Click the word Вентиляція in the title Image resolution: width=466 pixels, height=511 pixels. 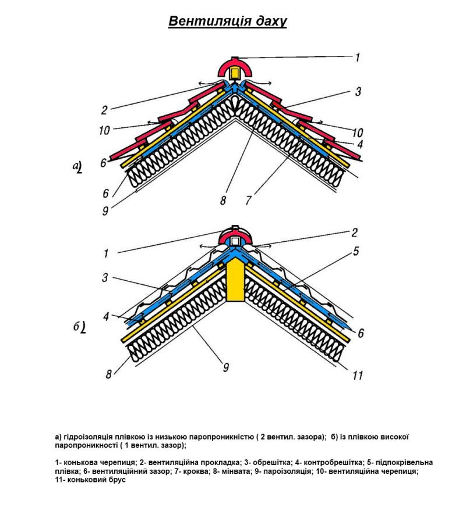point(207,22)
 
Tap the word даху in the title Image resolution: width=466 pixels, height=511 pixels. point(270,22)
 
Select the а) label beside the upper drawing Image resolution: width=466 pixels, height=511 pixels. point(77,167)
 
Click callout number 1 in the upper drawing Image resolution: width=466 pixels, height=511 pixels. point(357,57)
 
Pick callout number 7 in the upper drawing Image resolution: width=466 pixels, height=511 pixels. point(248,201)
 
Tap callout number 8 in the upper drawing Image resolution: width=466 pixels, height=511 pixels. point(223,201)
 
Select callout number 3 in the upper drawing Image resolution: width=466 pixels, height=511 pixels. point(358,92)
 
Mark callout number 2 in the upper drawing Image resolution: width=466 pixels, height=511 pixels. point(104,110)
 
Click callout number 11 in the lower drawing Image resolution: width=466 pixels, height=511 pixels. point(357,376)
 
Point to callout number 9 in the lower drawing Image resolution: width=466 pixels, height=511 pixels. point(225,368)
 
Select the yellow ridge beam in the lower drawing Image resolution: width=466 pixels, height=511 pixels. point(236,281)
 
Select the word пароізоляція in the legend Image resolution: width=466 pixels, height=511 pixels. point(285,471)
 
